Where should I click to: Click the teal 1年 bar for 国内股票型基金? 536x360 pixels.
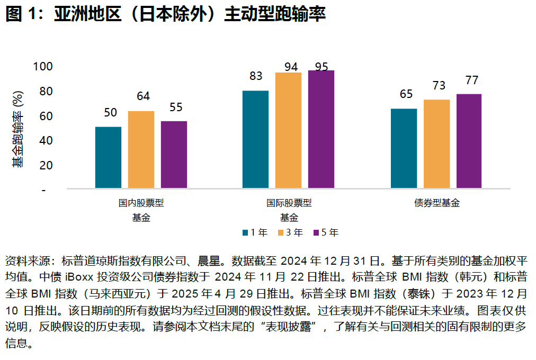click(x=108, y=157)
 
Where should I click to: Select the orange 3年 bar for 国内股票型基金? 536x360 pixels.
click(x=141, y=149)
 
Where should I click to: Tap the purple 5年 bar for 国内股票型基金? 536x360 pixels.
click(x=174, y=155)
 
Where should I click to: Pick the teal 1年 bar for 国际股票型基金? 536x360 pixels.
click(x=255, y=139)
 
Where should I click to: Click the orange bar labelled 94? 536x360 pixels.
click(x=288, y=130)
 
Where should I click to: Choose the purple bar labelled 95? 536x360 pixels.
click(x=321, y=129)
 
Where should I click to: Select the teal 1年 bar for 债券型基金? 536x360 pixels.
click(x=404, y=148)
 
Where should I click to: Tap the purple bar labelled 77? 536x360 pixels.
click(x=469, y=141)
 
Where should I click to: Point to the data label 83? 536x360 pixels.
click(x=256, y=76)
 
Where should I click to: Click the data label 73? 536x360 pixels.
click(x=436, y=85)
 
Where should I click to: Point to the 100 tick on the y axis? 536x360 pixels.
click(x=43, y=67)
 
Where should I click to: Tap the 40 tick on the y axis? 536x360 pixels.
click(x=46, y=140)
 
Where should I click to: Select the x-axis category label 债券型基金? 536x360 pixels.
click(x=436, y=203)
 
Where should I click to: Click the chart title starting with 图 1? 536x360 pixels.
click(x=165, y=14)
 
